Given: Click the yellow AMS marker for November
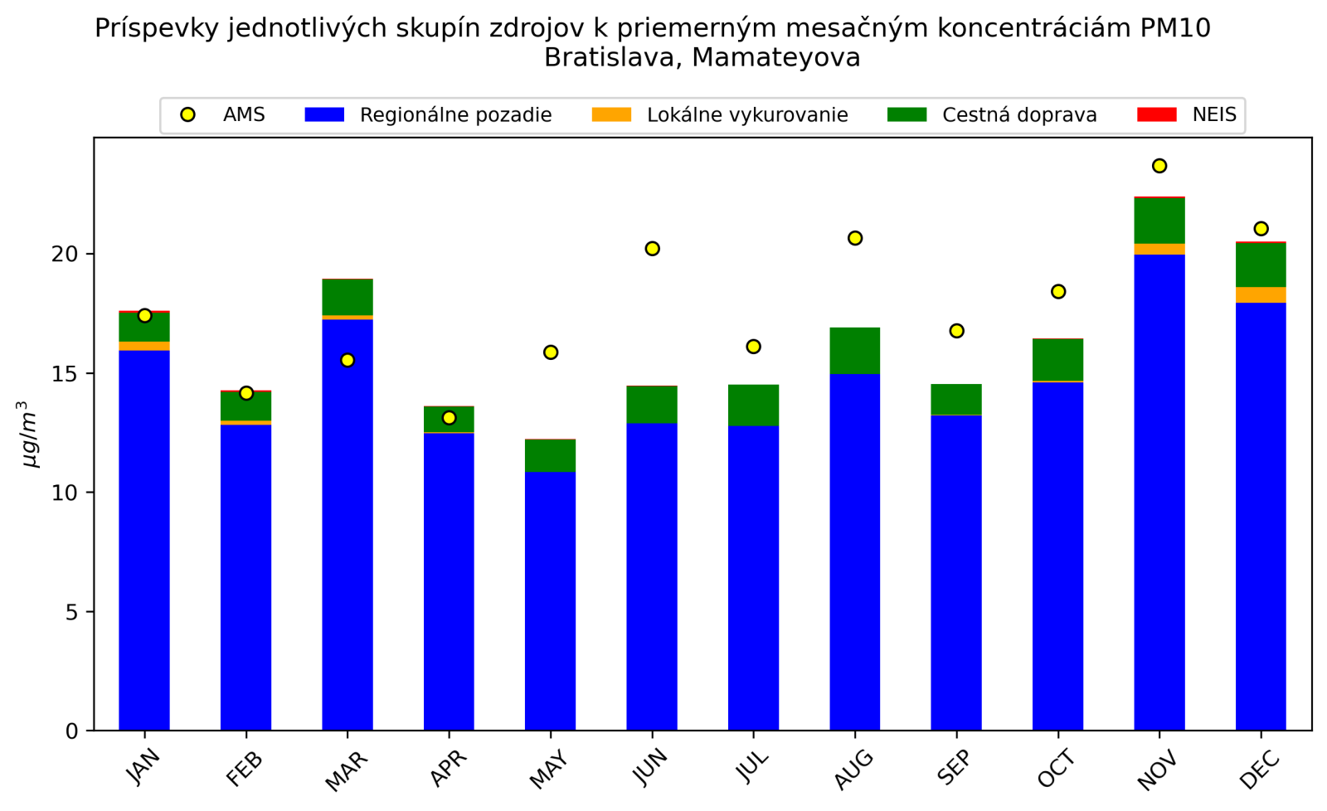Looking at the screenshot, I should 1159,166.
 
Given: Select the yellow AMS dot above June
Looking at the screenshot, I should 652,249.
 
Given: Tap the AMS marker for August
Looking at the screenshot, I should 855,238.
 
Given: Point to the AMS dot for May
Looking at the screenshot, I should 551,352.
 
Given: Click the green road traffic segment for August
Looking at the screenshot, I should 855,351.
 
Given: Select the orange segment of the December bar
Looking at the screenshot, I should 1261,295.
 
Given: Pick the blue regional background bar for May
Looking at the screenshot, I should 551,601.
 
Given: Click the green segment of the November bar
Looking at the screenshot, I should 1159,221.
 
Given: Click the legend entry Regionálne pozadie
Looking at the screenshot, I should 455,115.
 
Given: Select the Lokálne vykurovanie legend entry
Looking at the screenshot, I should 746,115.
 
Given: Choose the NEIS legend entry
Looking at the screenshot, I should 1214,115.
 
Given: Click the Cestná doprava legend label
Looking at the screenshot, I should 1019,115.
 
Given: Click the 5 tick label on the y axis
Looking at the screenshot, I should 71,613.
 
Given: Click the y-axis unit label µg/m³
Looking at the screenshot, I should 29,434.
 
